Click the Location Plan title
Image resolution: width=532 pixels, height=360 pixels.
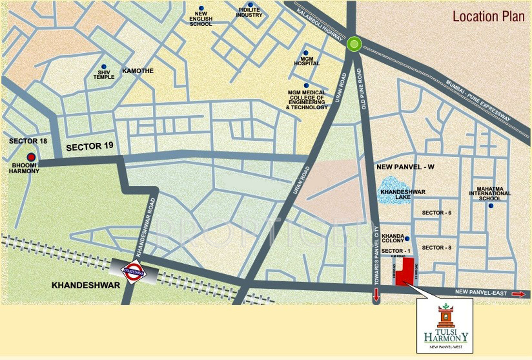[x=488, y=16]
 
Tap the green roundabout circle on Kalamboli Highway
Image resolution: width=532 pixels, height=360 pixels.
[x=355, y=45]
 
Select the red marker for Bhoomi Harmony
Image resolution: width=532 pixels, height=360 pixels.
[x=31, y=157]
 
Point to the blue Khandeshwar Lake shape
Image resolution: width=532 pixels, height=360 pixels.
[x=393, y=191]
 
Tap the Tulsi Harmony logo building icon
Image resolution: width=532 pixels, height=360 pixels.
[x=445, y=317]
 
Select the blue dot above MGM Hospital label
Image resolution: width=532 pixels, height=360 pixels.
[x=306, y=53]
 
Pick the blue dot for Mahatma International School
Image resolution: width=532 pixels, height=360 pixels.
[x=491, y=206]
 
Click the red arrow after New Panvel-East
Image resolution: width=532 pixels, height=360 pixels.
[x=518, y=294]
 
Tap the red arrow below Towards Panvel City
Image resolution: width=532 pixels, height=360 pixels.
[x=376, y=295]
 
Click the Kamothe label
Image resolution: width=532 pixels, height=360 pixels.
[x=138, y=71]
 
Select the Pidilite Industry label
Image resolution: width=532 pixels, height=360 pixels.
[x=249, y=12]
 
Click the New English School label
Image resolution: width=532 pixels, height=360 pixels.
[x=201, y=18]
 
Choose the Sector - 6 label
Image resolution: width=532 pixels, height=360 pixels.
[x=436, y=213]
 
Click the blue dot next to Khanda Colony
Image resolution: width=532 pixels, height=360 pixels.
[x=407, y=238]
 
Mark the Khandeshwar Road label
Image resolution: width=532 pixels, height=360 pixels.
[x=145, y=227]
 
